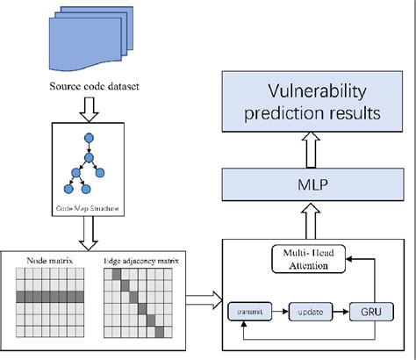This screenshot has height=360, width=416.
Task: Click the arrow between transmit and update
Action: (281, 310)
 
